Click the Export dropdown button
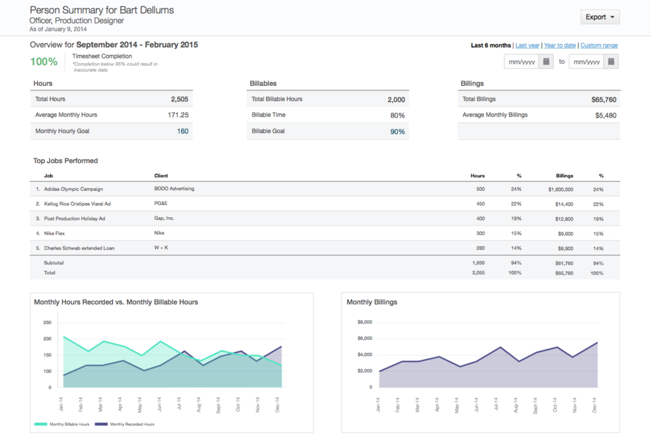[600, 17]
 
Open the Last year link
[527, 46]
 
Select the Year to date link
[560, 46]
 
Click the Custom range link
[599, 46]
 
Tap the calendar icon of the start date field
[546, 62]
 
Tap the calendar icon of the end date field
[611, 62]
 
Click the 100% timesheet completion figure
[44, 62]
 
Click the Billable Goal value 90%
[397, 132]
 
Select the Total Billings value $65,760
[603, 100]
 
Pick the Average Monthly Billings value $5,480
[605, 115]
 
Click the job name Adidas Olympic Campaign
[73, 189]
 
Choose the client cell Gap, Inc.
[164, 218]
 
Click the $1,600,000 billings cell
[560, 190]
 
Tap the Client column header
[161, 176]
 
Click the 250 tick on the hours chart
[47, 322]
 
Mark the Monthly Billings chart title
[372, 302]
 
